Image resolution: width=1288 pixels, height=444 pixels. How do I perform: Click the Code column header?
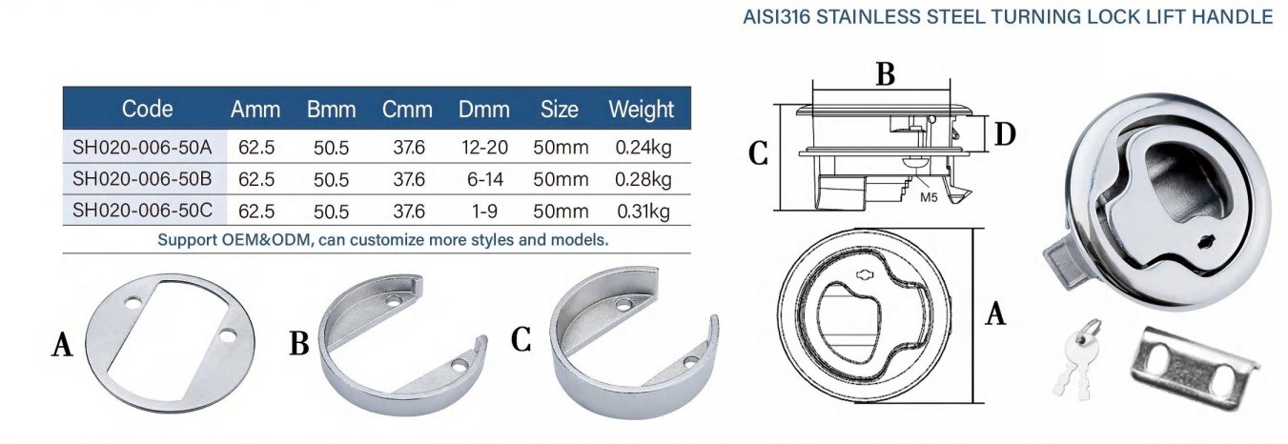[147, 109]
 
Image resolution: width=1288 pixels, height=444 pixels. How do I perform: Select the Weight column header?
[641, 110]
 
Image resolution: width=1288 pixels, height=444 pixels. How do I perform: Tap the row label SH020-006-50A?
[142, 148]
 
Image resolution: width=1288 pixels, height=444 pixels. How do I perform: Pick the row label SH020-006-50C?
[142, 211]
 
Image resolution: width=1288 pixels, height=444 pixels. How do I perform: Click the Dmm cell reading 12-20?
[484, 148]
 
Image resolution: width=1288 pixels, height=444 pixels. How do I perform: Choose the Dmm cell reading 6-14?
[484, 179]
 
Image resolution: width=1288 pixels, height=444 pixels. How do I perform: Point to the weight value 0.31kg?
[644, 212]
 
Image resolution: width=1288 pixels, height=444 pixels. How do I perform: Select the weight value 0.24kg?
[644, 149]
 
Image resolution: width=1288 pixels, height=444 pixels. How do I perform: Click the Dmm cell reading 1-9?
[484, 211]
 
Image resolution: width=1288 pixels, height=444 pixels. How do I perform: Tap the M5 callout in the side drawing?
[929, 197]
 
